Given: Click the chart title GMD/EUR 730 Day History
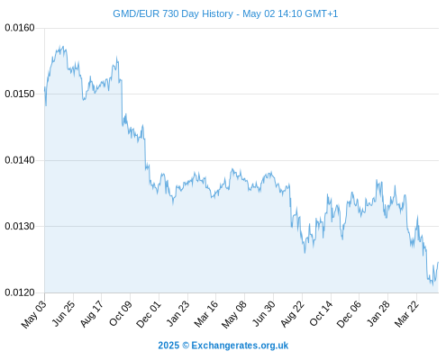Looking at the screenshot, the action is point(173,13).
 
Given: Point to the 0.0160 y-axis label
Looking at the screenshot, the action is point(20,28).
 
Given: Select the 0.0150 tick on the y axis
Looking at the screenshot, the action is point(20,94).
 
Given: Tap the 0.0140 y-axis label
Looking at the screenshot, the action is point(20,160).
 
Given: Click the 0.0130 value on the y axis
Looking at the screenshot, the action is point(20,226).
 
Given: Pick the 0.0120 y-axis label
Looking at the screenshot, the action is point(20,292).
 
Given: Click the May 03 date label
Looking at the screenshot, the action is point(34,314).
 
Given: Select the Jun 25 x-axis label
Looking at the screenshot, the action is point(63,313).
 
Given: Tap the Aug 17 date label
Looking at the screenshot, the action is point(92,313).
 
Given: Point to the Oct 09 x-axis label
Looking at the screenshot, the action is point(120,313).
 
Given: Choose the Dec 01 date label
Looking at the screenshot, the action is point(149,314).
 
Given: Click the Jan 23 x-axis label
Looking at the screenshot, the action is point(177,313).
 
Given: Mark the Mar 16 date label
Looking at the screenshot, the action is point(205,313).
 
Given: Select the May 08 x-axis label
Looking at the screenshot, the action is point(234,314).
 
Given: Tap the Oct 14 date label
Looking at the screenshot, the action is point(321,313).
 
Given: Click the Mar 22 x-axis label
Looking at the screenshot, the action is point(406,313).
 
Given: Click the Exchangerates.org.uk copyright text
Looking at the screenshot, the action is point(223,346).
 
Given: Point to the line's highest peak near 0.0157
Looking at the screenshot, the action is point(60,46).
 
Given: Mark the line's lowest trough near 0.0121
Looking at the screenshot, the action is point(432,285).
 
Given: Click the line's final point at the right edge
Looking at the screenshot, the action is point(438,262).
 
